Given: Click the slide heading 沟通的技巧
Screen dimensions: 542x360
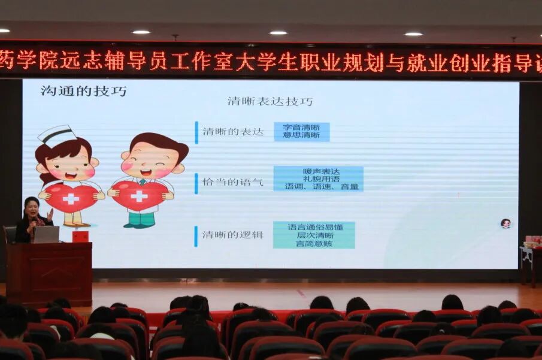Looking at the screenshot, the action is tap(84, 91).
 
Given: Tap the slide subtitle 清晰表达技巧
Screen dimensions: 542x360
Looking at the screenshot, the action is tap(270, 101).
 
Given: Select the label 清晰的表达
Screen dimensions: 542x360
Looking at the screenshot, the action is tap(233, 132).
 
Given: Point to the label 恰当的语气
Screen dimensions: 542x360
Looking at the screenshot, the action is tap(233, 182).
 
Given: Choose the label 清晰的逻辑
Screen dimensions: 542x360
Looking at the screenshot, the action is tap(233, 235).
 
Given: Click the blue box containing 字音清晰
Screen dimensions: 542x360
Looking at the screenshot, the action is tap(302, 132).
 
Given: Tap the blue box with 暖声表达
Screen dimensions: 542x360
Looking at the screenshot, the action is tap(319, 179).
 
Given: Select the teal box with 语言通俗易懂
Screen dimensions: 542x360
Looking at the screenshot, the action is tap(314, 235).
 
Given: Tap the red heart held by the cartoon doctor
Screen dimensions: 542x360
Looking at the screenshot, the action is tap(140, 195).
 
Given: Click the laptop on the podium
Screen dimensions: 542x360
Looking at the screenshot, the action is tap(46, 234).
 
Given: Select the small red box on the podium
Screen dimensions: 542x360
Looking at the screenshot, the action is tap(80, 237).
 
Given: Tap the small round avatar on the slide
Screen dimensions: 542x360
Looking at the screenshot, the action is tap(506, 224).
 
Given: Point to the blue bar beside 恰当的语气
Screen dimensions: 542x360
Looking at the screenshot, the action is tap(196, 183).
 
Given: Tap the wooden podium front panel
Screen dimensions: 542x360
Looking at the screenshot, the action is tap(49, 274).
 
